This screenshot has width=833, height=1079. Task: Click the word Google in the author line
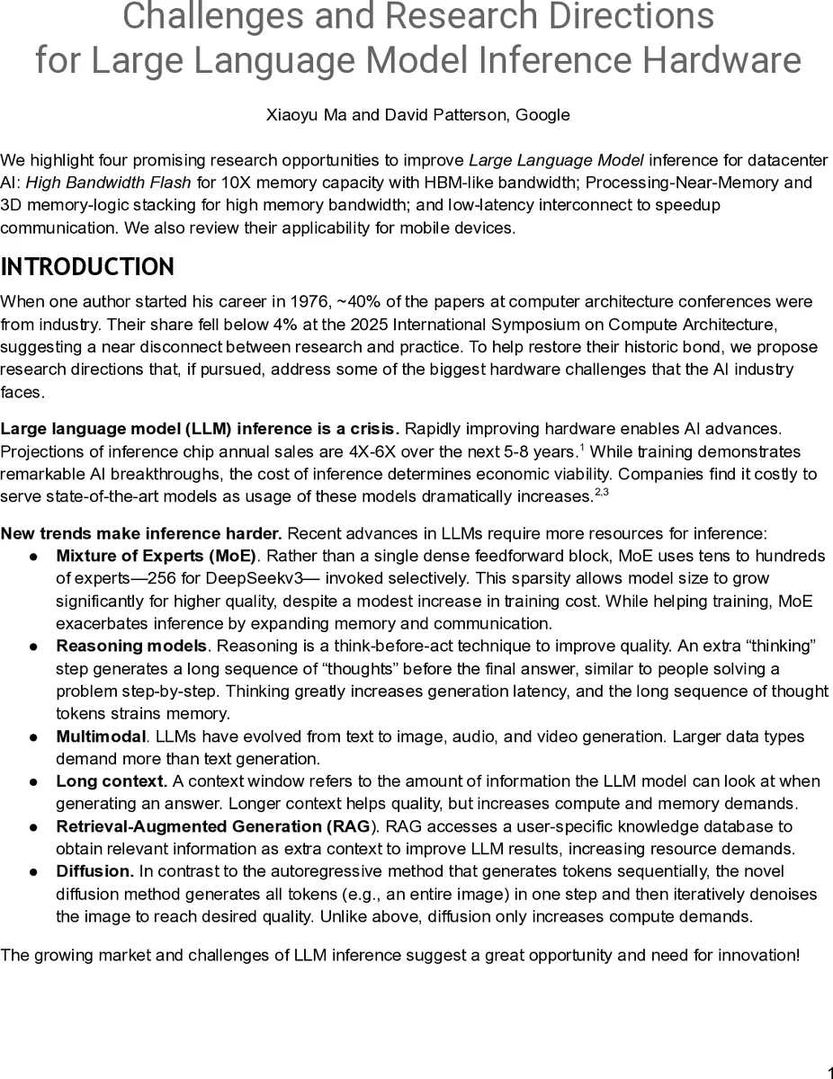(x=542, y=114)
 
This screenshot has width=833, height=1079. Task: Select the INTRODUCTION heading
(x=87, y=267)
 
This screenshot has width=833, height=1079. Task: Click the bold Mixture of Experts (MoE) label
(x=156, y=556)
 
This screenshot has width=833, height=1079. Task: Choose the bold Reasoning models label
(x=131, y=646)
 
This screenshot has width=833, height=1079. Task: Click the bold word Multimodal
(x=100, y=736)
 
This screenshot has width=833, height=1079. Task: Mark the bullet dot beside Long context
(x=31, y=781)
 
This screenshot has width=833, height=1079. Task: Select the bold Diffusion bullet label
(x=94, y=871)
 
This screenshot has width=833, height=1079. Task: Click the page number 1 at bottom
(x=828, y=1070)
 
